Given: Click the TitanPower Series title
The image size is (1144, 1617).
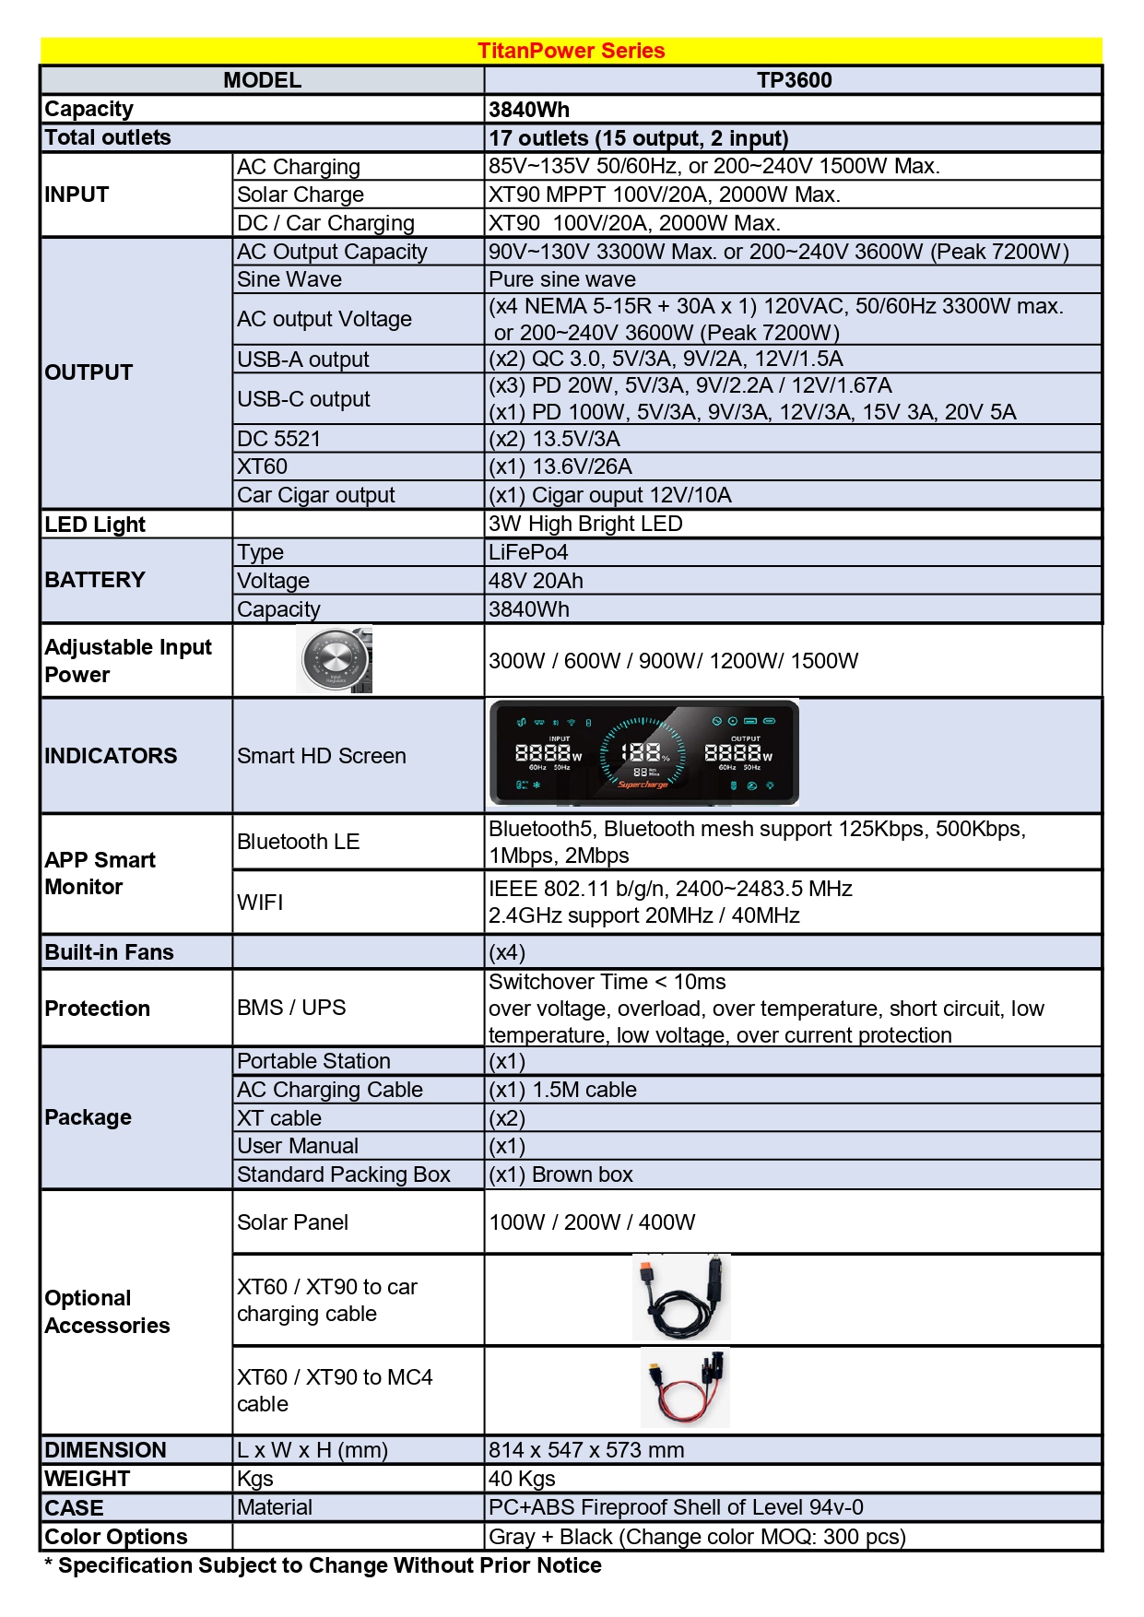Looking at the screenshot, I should click(571, 51).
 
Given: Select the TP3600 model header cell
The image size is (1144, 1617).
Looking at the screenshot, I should click(794, 80).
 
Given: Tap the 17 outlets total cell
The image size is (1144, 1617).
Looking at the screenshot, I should click(638, 138).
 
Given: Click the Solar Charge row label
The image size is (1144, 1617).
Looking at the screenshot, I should click(301, 195).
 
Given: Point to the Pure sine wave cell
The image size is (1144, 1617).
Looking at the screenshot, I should click(562, 279).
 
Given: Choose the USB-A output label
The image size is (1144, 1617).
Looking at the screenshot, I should click(303, 360).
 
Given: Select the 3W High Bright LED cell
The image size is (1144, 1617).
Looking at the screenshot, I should click(585, 524).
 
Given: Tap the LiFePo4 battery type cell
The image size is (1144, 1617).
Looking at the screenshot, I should click(528, 552).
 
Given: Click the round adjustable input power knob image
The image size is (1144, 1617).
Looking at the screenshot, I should click(335, 660).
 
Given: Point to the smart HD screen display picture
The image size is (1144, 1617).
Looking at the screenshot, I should click(643, 752).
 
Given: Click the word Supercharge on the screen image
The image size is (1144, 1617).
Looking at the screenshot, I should click(643, 785).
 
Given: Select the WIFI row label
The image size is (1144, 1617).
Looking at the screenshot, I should click(260, 903).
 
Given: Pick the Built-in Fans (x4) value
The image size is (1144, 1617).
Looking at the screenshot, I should click(507, 952).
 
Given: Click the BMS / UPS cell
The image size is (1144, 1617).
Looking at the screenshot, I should click(291, 1008).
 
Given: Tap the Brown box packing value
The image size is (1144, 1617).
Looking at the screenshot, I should click(560, 1174).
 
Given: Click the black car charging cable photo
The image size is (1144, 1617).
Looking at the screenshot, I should click(681, 1297).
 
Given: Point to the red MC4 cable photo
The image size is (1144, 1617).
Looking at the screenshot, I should click(685, 1387).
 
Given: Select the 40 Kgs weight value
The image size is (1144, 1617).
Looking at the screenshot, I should click(522, 1479).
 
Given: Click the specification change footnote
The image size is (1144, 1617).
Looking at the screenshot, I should click(323, 1565).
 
